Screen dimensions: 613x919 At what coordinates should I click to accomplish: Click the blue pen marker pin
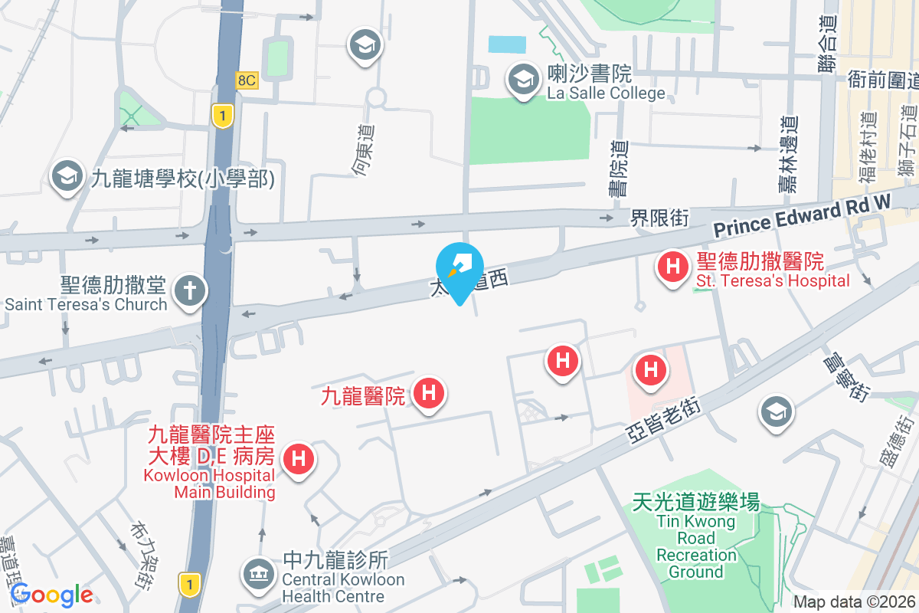tap(459, 267)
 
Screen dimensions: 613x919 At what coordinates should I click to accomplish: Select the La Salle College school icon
tap(524, 78)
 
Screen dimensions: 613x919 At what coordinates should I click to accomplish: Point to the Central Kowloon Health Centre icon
tap(257, 573)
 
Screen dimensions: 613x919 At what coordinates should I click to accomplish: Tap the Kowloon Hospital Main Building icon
tap(298, 460)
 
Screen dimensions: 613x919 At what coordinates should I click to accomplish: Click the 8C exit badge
tap(247, 80)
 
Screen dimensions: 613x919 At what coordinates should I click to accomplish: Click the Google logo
tap(52, 595)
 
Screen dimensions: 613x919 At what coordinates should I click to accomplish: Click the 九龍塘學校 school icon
tap(67, 177)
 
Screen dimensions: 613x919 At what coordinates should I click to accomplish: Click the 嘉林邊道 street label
tap(788, 153)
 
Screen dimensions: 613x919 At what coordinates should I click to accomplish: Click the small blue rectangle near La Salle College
tap(507, 44)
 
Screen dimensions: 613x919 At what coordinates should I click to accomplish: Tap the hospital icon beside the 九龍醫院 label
tap(429, 394)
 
